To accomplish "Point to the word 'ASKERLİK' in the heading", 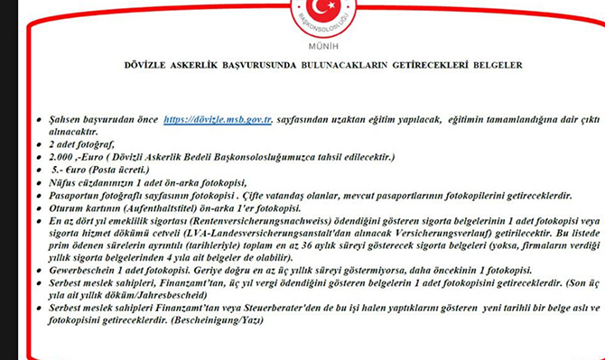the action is click(x=209, y=66).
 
